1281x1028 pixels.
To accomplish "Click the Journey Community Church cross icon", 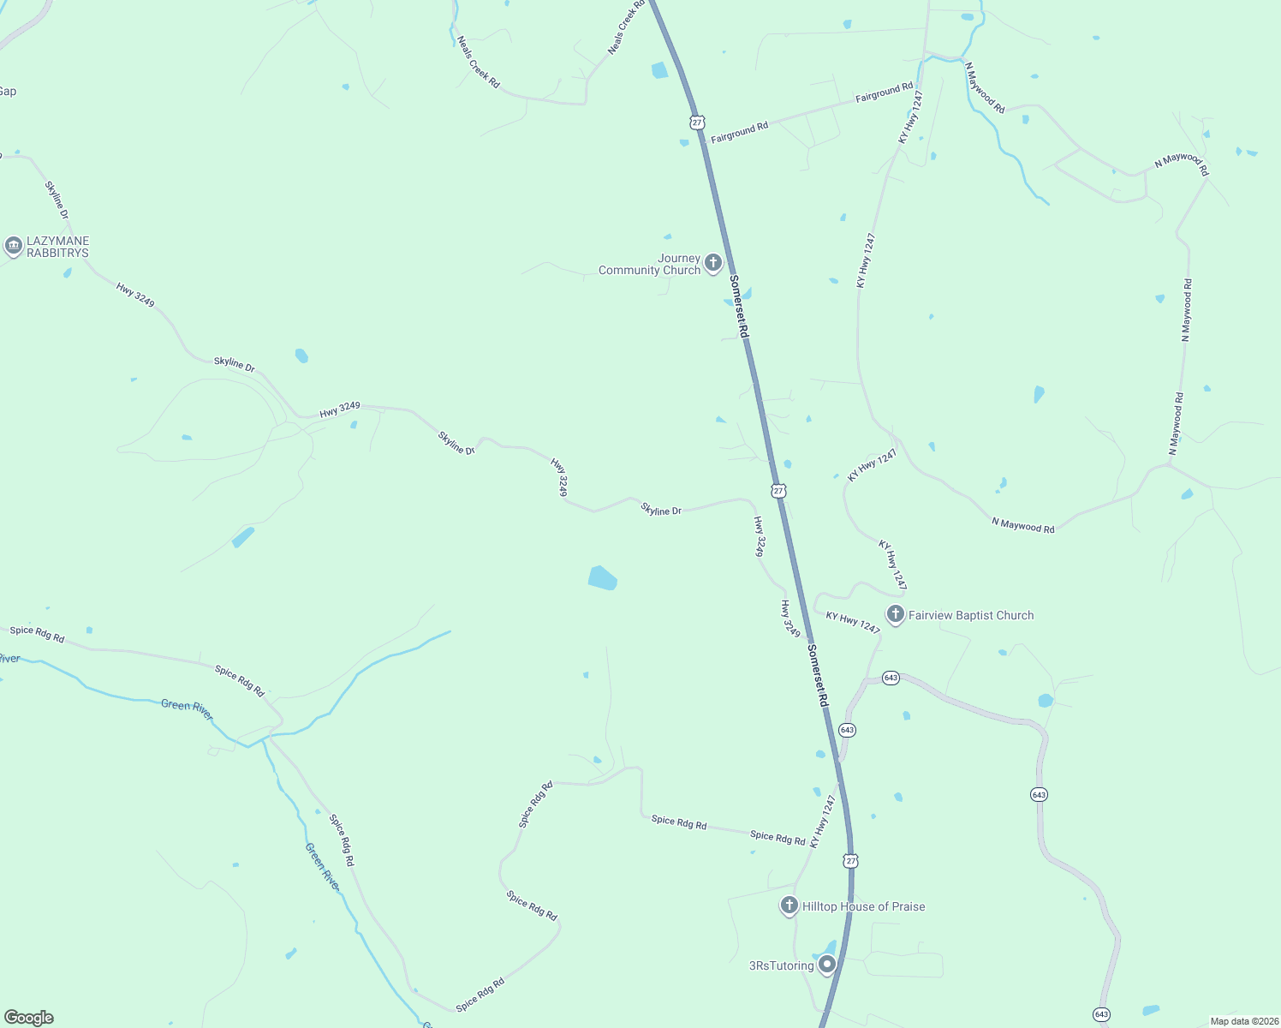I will [x=712, y=262].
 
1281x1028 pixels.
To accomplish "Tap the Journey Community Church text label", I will [x=649, y=265].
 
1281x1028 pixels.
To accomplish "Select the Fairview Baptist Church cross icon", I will [x=895, y=614].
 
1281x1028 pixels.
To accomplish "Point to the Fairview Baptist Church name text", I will [x=971, y=615].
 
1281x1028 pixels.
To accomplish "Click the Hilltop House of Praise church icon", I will [x=789, y=905].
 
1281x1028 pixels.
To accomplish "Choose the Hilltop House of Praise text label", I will [x=863, y=906].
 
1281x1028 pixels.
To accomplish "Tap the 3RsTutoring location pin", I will [x=827, y=965].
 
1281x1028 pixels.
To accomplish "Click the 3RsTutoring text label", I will [x=781, y=965].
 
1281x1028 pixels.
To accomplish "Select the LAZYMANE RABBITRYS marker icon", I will [x=13, y=247].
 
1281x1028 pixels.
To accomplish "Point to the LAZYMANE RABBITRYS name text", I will [x=57, y=247].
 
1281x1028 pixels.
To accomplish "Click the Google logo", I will [x=29, y=1018].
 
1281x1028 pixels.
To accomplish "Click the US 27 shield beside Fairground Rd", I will [x=697, y=123].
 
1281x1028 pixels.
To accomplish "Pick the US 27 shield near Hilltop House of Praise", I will [x=849, y=860].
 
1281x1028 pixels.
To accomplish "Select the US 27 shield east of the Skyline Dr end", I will [x=778, y=490].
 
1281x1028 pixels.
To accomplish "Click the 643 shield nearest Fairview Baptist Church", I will [x=891, y=678].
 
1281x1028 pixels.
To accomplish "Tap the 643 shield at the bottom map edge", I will [x=1101, y=1015].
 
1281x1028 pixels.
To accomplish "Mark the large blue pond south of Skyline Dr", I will [x=603, y=578].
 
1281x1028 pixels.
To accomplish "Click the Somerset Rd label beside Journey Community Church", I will [x=739, y=306].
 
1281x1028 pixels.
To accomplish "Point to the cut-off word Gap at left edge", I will [x=8, y=92].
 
